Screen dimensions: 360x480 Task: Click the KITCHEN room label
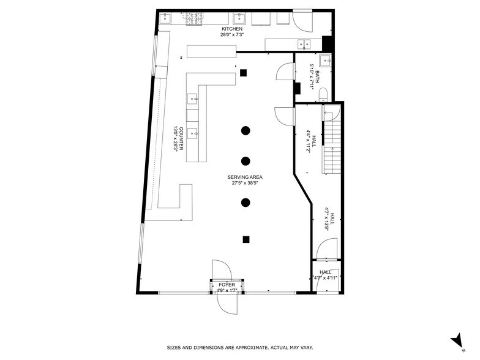pyautogui.click(x=232, y=29)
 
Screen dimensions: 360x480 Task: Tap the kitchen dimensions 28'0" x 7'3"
pyautogui.click(x=232, y=35)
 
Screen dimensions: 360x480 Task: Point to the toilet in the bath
pyautogui.click(x=325, y=93)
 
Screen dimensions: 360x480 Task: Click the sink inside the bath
pyautogui.click(x=327, y=60)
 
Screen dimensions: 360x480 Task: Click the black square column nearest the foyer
pyautogui.click(x=246, y=239)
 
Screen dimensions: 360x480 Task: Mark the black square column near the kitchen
pyautogui.click(x=243, y=73)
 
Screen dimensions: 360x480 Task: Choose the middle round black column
pyautogui.click(x=246, y=161)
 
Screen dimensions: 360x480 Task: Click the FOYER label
pyautogui.click(x=227, y=285)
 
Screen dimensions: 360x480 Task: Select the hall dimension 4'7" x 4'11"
pyautogui.click(x=325, y=277)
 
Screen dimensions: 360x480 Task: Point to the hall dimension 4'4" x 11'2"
pyautogui.click(x=308, y=141)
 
